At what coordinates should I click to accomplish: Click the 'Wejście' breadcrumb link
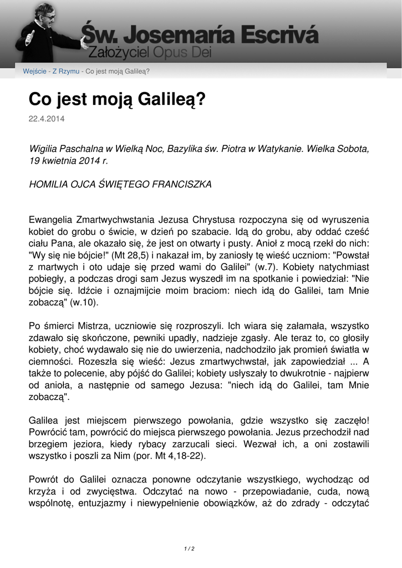click(34, 71)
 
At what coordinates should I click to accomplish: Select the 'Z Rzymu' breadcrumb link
click(66, 71)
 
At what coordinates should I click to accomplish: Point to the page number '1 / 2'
click(189, 549)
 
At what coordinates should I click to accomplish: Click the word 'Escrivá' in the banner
click(279, 35)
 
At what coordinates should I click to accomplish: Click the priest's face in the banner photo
click(49, 15)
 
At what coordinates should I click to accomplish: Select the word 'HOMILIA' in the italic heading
click(49, 184)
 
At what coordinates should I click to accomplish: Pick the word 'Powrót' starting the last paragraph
click(44, 479)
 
